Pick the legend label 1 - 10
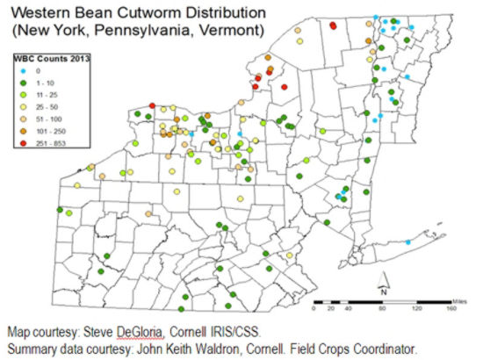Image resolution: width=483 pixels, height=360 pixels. click(43, 82)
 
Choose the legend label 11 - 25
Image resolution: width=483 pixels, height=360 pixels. click(45, 93)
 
